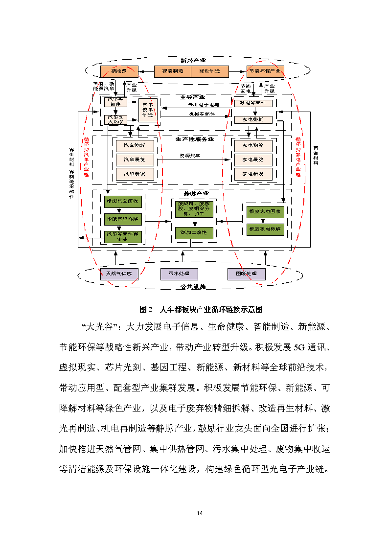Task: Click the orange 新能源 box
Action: tap(119, 71)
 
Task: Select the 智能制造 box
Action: tap(172, 71)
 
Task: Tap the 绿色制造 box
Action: tap(209, 71)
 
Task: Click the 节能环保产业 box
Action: tap(265, 71)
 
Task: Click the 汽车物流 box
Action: tap(135, 146)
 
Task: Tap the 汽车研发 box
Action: tap(135, 174)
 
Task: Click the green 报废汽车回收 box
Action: tap(122, 201)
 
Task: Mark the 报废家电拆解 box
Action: tap(265, 229)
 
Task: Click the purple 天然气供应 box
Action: tap(119, 274)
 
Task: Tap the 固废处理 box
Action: tap(246, 274)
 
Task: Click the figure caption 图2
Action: tap(147, 309)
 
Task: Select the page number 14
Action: tap(199, 513)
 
